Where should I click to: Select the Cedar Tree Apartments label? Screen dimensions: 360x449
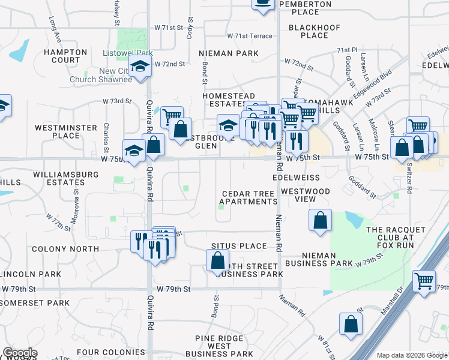[x=248, y=197]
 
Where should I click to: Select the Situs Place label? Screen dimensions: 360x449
[x=238, y=246]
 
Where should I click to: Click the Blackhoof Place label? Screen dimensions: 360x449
[x=315, y=31]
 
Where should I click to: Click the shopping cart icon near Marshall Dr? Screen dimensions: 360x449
[x=424, y=280]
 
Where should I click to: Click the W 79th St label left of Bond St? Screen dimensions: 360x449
[x=173, y=289]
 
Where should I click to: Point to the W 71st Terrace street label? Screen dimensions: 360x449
[x=246, y=36]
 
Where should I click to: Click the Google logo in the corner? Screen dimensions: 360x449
[x=20, y=353]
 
